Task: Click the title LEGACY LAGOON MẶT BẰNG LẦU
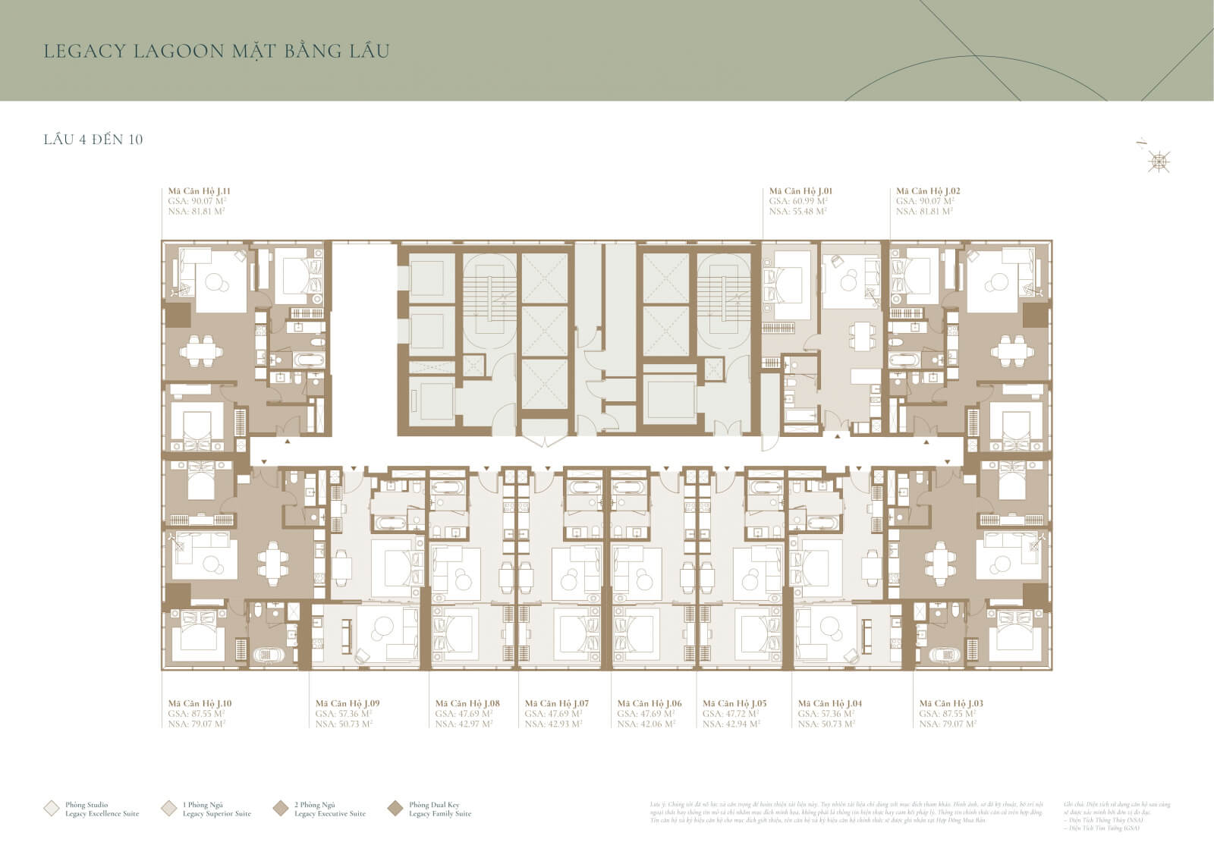pyautogui.click(x=217, y=52)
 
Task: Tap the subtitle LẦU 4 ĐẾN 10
pyautogui.click(x=93, y=140)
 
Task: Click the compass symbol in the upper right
pyautogui.click(x=1158, y=160)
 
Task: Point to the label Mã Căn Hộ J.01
pyautogui.click(x=800, y=192)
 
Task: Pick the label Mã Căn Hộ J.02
pyautogui.click(x=928, y=192)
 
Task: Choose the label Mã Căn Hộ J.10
pyautogui.click(x=200, y=704)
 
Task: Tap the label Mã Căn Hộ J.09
pyautogui.click(x=348, y=704)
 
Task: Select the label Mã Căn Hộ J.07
pyautogui.click(x=557, y=704)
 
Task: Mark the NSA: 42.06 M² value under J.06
pyautogui.click(x=646, y=724)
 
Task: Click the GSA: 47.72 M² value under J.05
pyautogui.click(x=731, y=714)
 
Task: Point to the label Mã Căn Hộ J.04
pyautogui.click(x=830, y=704)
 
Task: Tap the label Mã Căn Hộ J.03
pyautogui.click(x=951, y=704)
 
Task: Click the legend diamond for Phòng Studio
pyautogui.click(x=52, y=809)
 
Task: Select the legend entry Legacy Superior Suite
pyautogui.click(x=216, y=814)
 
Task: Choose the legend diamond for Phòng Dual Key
pyautogui.click(x=395, y=809)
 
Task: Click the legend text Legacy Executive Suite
pyautogui.click(x=329, y=814)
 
